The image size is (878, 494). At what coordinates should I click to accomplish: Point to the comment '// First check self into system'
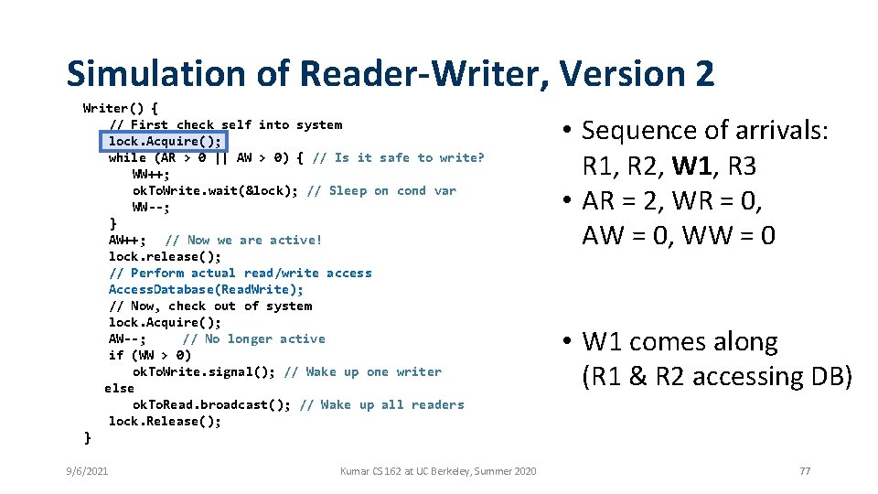coord(226,124)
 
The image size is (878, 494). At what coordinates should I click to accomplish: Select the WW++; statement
coord(151,174)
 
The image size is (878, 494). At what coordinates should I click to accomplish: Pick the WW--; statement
coord(151,207)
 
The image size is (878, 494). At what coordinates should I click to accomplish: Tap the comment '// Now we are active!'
coord(243,240)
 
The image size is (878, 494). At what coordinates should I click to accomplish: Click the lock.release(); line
coord(165,256)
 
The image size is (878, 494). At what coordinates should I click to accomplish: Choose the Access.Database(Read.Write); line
coord(206,289)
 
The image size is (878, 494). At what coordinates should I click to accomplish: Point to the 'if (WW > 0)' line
coord(150,355)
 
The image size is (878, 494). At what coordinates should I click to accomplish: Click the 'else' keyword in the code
coord(119,388)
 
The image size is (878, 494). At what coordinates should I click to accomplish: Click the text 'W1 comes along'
coord(680,342)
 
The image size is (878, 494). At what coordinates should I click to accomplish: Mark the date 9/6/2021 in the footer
coord(87,471)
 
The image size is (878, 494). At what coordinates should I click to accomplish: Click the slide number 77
coord(805,471)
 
